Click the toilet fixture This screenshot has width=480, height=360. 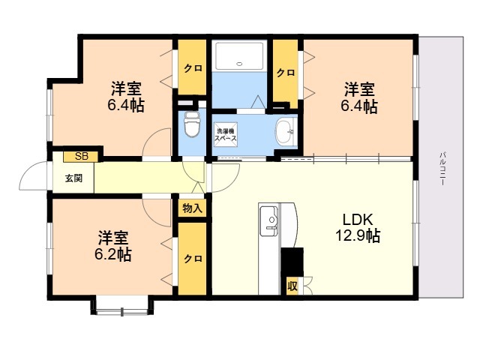click(192, 124)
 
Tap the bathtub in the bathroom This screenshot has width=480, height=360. click(239, 56)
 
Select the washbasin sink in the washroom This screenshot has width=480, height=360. click(286, 132)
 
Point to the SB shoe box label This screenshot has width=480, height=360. click(82, 157)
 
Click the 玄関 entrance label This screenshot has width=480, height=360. click(73, 178)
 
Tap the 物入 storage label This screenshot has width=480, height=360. click(192, 208)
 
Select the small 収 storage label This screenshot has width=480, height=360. click(292, 286)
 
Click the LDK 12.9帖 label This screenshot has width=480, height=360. click(358, 228)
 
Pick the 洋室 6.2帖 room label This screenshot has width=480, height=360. click(113, 246)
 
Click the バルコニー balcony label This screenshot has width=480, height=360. click(442, 168)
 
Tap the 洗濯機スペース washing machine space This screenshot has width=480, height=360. click(226, 134)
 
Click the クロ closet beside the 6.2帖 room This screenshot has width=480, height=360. click(192, 259)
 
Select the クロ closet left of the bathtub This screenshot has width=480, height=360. click(192, 67)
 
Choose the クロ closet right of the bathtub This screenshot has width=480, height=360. click(286, 73)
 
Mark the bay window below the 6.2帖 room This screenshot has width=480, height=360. click(121, 305)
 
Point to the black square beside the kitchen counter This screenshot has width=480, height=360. click(292, 262)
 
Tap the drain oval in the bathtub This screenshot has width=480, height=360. click(239, 64)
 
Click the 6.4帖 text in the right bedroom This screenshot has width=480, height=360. click(359, 106)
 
